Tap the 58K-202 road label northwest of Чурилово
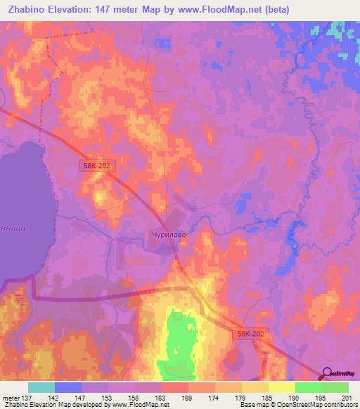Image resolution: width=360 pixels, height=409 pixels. (96, 164)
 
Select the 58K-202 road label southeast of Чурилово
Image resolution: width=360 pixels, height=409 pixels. (251, 336)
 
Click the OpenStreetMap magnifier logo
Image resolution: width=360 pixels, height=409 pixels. (328, 372)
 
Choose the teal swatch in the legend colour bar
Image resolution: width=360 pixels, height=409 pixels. (41, 387)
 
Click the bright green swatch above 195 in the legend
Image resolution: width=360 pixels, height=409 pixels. (309, 387)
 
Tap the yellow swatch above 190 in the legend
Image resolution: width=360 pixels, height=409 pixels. (282, 387)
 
